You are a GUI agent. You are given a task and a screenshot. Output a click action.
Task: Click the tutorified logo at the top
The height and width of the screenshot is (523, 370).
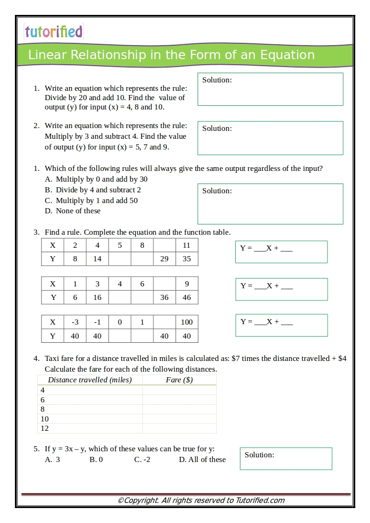pos(54,32)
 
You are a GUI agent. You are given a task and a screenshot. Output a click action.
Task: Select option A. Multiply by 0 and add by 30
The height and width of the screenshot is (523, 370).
pos(96,179)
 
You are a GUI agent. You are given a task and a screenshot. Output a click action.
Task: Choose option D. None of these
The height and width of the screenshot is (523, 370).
pos(73,211)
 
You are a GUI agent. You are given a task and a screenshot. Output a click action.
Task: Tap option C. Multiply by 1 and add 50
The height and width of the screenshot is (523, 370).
pos(91,201)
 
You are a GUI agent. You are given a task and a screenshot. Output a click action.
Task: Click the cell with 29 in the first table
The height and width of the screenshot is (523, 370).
pos(164,259)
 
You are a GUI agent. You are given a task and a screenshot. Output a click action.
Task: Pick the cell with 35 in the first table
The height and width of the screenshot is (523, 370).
pos(187,259)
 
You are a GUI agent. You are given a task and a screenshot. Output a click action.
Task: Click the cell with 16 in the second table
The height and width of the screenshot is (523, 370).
pos(97,298)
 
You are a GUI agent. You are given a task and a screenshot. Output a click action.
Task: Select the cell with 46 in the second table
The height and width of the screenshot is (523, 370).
pos(187,298)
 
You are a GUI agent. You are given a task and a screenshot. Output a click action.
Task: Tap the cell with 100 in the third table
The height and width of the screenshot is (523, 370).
pos(187,322)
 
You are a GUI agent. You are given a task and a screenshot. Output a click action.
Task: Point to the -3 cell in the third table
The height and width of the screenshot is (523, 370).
pos(75,322)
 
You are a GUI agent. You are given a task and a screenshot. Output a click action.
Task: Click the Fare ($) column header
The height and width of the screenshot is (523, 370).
pos(179,380)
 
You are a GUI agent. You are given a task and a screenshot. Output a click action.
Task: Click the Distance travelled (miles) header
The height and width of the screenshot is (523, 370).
pos(90,380)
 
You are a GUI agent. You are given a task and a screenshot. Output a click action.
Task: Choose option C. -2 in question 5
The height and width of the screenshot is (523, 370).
pos(142,460)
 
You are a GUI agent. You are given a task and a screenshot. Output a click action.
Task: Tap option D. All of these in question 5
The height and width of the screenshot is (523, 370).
pos(202,460)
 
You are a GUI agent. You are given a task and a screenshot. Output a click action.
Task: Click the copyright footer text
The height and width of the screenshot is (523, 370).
pos(201,501)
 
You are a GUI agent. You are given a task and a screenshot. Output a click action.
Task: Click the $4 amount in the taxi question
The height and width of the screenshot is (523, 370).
pos(342,359)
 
